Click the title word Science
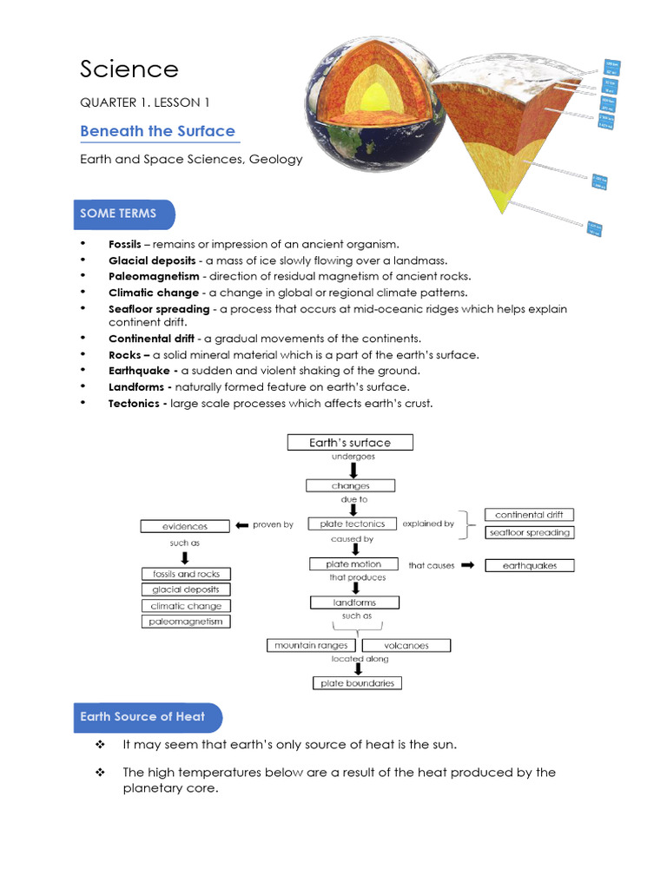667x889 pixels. [129, 69]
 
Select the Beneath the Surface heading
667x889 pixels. [157, 131]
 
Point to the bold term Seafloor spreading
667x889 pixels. [159, 308]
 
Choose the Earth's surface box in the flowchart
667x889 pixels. [350, 443]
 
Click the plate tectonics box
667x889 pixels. [352, 524]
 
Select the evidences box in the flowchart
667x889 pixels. [185, 526]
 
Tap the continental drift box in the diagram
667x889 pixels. [529, 515]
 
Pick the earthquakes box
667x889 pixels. [529, 565]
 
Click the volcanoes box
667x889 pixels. [406, 645]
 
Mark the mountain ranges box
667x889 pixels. [311, 645]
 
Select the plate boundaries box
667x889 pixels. [356, 683]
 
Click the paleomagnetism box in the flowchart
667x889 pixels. [186, 622]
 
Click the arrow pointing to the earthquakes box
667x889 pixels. [466, 565]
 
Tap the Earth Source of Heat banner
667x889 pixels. [144, 717]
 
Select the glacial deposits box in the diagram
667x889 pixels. [186, 589]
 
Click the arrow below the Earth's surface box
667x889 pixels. [353, 470]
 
